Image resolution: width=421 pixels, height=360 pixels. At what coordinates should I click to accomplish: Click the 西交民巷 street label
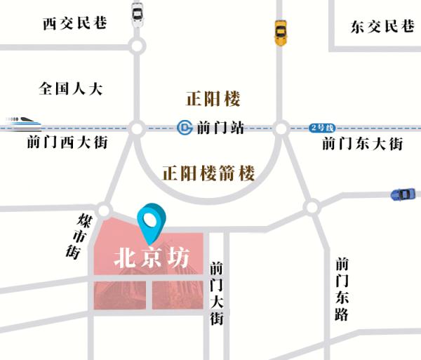pos(74,23)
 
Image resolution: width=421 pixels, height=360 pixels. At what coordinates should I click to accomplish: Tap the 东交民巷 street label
pos(382,27)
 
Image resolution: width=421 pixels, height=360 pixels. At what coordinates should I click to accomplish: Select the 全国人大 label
pos(71,89)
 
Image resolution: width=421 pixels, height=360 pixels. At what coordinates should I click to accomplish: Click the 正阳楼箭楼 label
pos(208,173)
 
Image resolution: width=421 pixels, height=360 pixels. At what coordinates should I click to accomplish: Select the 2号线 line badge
pos(323,128)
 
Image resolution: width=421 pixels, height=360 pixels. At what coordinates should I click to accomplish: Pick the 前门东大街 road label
pos(362,144)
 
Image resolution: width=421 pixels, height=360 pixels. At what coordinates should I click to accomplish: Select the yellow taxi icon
pos(281,32)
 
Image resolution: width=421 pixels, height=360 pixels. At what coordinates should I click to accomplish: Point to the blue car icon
pos(403,193)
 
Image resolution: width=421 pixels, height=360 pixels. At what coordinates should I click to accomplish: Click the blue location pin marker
pos(152,220)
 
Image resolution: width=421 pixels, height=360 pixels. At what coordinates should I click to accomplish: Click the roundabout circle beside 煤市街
pos(105,210)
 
